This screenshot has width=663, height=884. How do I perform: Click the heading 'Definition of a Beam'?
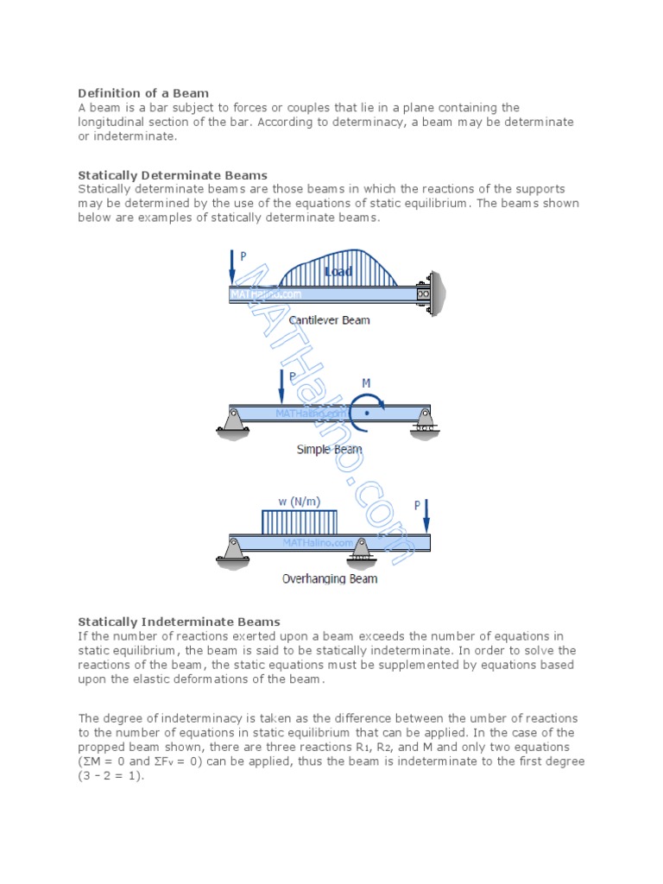[x=143, y=93]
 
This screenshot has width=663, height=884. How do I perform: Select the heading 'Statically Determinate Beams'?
[x=173, y=175]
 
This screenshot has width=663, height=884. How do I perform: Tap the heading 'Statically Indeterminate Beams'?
[x=179, y=622]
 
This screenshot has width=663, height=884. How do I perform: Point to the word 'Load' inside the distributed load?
[x=338, y=272]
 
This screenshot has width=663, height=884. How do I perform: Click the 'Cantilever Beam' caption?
[x=329, y=320]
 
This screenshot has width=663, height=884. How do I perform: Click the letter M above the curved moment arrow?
[x=366, y=382]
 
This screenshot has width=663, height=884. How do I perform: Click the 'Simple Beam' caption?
[x=329, y=449]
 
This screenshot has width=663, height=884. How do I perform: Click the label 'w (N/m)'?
[x=297, y=501]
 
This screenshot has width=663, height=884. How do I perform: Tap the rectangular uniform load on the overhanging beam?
[x=299, y=521]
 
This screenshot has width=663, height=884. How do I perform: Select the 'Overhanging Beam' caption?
[x=330, y=579]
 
